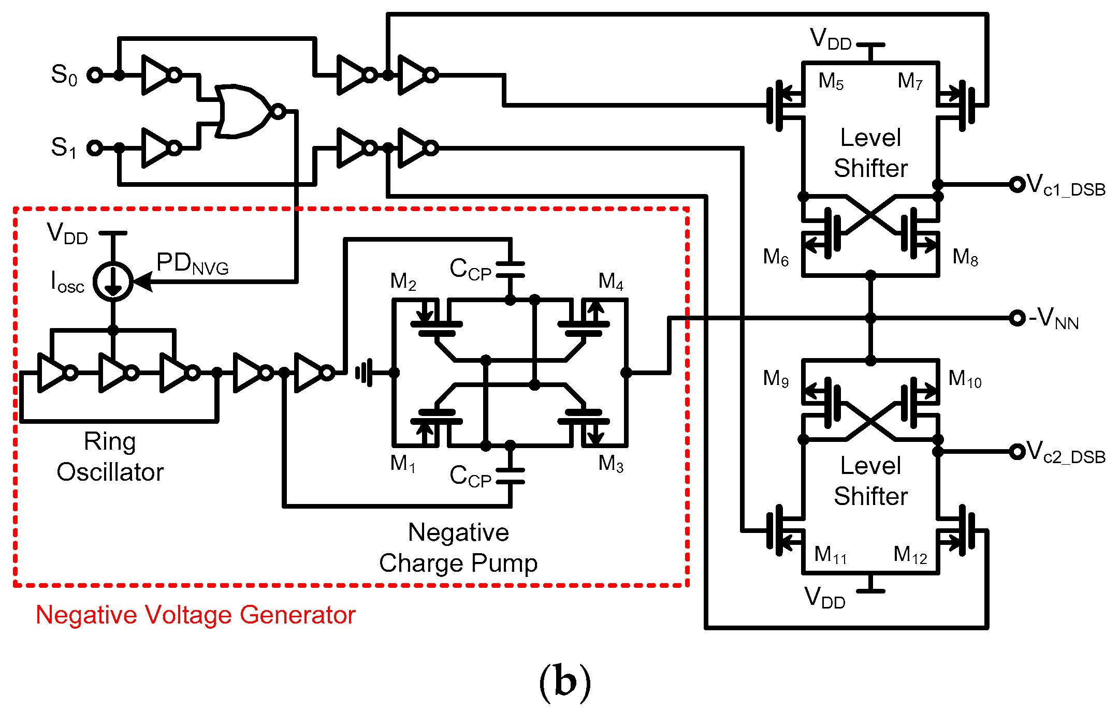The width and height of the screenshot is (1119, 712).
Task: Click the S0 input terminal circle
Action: (x=95, y=75)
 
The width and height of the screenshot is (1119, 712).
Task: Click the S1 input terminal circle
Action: (x=95, y=148)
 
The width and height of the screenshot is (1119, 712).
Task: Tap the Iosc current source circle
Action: (x=113, y=281)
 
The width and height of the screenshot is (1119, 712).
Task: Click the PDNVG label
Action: (x=192, y=264)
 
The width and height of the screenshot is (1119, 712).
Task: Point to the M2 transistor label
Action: (x=403, y=282)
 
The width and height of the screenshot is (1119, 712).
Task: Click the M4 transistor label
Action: (x=611, y=282)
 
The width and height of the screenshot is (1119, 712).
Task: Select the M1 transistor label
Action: (x=403, y=464)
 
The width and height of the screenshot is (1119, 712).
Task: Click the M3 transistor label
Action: (x=611, y=464)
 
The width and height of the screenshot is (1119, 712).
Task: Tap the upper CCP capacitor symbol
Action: (x=510, y=270)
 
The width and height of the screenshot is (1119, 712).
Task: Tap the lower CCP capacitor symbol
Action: (x=510, y=476)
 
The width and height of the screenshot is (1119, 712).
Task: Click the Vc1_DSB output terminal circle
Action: (x=1017, y=184)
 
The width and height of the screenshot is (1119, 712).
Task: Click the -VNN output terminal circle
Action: (x=1017, y=318)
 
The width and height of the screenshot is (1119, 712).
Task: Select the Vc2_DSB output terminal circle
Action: (x=1017, y=452)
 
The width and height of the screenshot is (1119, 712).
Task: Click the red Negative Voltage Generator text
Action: (x=195, y=615)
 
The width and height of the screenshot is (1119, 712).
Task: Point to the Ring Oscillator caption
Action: (x=110, y=457)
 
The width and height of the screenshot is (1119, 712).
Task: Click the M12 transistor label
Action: (x=910, y=555)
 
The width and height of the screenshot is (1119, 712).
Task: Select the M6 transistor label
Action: (x=775, y=257)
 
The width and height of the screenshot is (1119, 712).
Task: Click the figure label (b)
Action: (x=564, y=682)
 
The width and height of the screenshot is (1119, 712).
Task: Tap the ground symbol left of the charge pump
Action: (x=364, y=373)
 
